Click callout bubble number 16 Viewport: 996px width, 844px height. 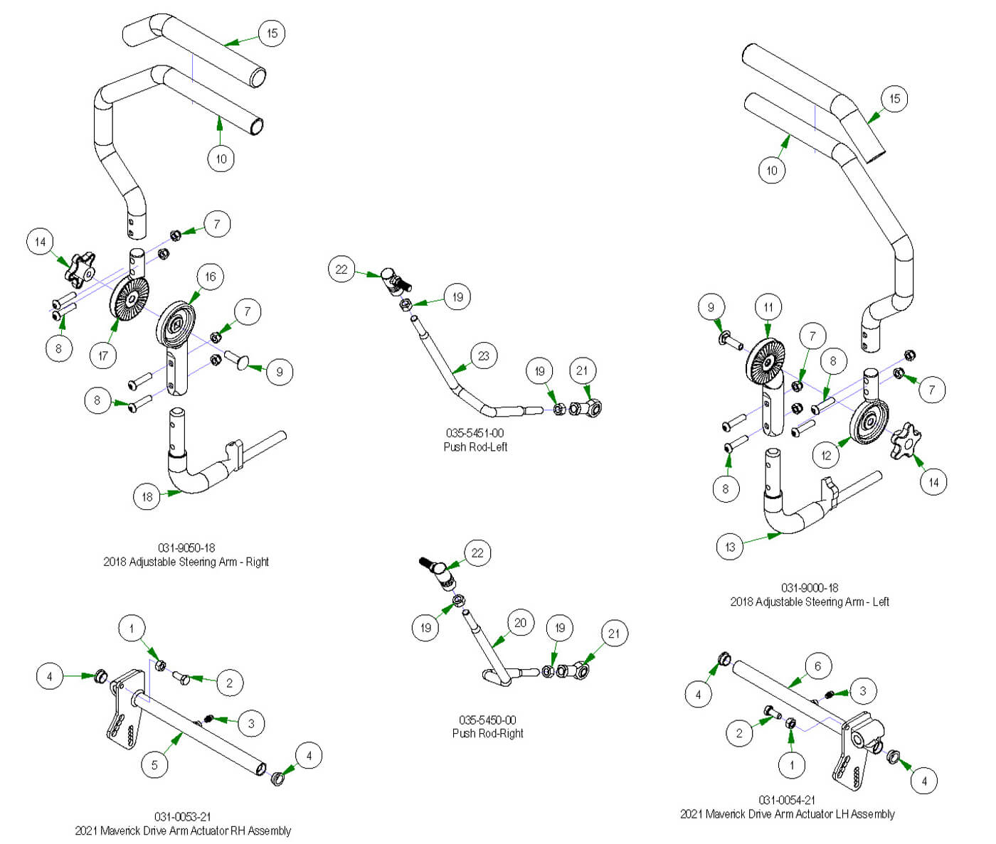click(x=210, y=277)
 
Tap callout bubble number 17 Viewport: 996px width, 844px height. click(x=103, y=355)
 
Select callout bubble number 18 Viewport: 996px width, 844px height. click(x=147, y=496)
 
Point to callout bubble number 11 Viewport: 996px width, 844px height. click(x=768, y=308)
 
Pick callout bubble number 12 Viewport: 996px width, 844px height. click(x=826, y=455)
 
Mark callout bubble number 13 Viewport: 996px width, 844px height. click(x=730, y=547)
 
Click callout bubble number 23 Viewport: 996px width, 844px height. click(x=484, y=356)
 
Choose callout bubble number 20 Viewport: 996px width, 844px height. click(x=520, y=624)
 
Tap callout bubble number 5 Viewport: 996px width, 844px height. click(x=154, y=765)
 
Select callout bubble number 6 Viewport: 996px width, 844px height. click(x=817, y=666)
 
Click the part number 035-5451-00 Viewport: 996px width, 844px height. click(x=475, y=433)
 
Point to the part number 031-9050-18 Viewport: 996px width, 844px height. click(x=186, y=548)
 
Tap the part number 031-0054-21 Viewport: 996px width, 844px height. click(x=787, y=800)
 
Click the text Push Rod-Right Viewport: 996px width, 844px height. click(x=487, y=733)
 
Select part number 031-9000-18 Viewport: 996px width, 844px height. click(x=810, y=588)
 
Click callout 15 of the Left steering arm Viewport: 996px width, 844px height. click(x=894, y=99)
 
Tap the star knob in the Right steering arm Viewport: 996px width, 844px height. click(x=80, y=269)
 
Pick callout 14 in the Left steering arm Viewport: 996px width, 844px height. click(x=933, y=482)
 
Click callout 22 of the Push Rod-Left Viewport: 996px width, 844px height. click(x=341, y=269)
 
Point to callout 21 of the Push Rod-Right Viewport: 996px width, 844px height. click(x=614, y=634)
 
